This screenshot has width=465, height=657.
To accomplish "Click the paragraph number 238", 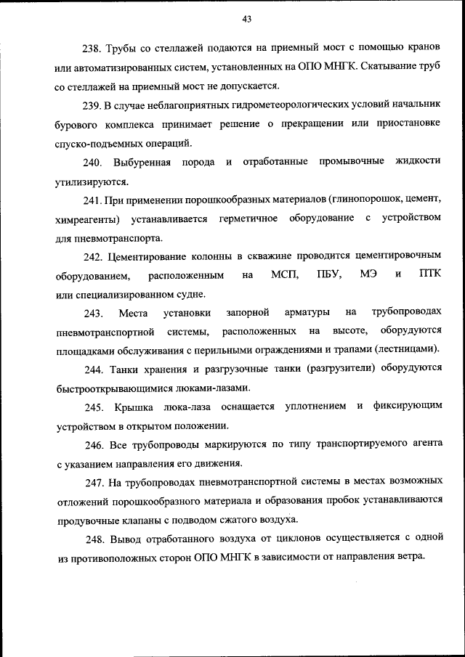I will point(92,49).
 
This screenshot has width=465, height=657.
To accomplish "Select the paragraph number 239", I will point(92,105).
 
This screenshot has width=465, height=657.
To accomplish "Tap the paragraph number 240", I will point(92,161).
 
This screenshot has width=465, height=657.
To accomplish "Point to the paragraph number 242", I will point(92,256).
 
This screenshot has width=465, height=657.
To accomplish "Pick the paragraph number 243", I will point(92,312).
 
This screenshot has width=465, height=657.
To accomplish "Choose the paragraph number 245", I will point(92,407).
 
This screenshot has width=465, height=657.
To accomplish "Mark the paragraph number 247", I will point(92,482).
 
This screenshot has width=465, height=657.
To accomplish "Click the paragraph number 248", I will point(92,539).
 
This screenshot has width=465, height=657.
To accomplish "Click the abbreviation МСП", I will point(284,274).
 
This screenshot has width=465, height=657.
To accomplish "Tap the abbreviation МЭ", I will point(368,274).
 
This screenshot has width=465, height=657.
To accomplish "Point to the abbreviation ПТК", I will point(430,274).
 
